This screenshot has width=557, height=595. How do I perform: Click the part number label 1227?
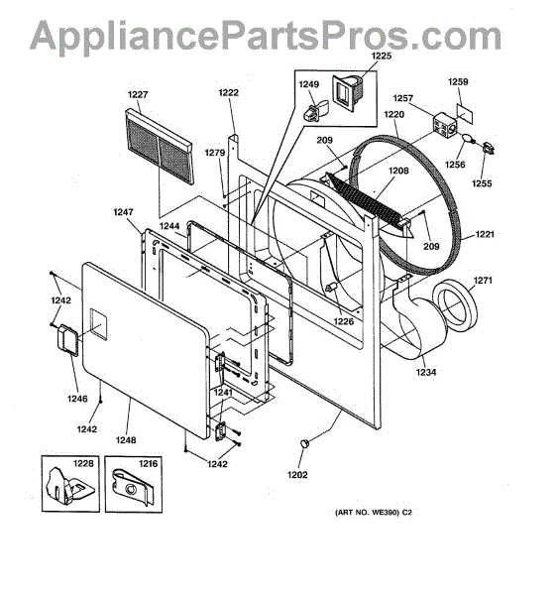[138, 94]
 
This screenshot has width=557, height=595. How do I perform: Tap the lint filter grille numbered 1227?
[160, 146]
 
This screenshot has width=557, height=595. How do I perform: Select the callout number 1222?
[228, 92]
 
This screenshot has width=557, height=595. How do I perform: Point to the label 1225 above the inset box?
[381, 56]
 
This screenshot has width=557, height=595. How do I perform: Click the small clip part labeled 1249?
[315, 110]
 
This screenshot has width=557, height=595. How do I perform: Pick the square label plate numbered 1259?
[465, 113]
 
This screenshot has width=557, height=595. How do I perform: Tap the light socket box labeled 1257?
[445, 124]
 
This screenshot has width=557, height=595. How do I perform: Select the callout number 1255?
[482, 183]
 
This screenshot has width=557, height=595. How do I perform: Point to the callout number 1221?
[485, 234]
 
